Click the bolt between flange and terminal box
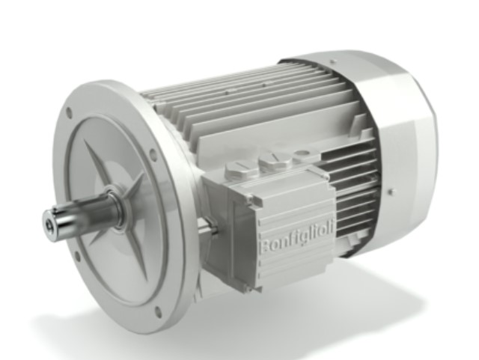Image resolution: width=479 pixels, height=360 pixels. [208, 225]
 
